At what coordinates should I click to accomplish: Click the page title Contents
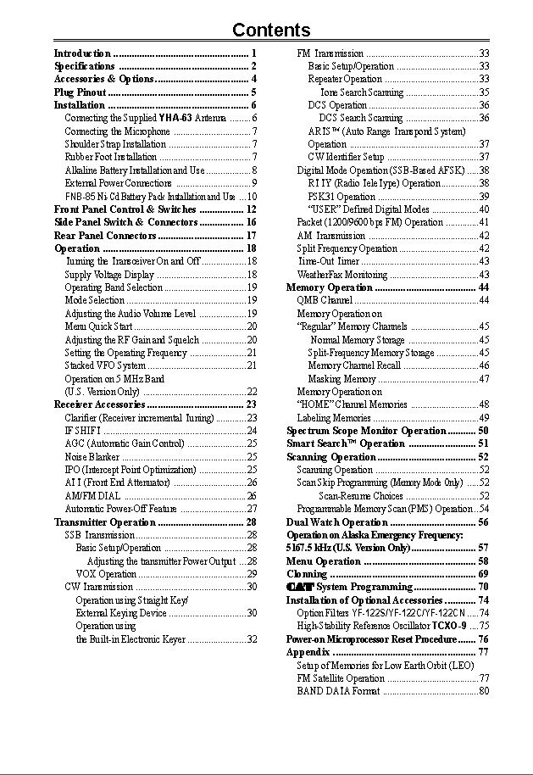271,31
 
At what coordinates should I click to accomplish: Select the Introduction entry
83,53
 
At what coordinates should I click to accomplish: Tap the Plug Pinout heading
81,92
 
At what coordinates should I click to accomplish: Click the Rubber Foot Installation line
111,157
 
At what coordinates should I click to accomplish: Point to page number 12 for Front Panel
252,209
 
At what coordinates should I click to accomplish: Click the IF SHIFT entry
83,431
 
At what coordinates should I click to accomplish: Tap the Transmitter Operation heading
105,521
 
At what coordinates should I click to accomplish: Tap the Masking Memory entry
341,379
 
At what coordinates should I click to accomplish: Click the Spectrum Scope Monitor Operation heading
366,431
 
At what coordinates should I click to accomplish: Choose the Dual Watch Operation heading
337,522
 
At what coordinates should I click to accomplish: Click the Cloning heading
306,574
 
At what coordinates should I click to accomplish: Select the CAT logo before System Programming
299,587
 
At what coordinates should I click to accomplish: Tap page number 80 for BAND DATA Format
484,691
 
